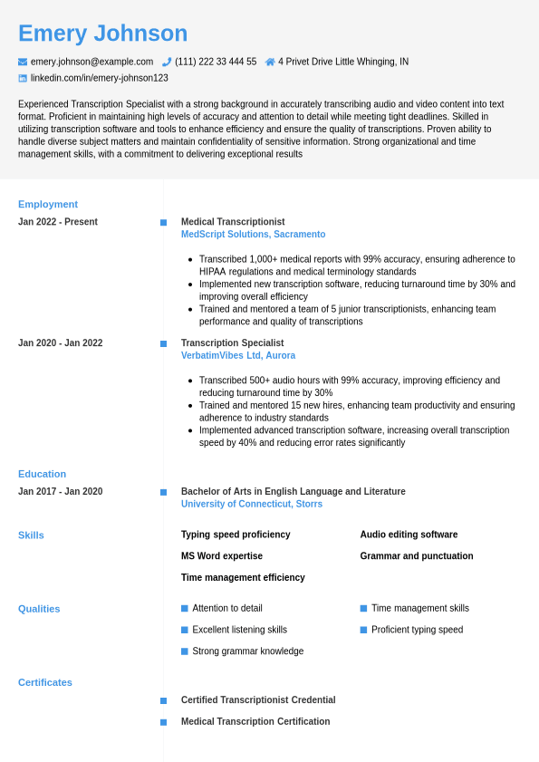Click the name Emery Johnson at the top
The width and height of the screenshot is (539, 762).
coord(102,34)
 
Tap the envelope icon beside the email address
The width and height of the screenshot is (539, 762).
coord(23,62)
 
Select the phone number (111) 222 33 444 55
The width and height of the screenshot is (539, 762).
coord(216,62)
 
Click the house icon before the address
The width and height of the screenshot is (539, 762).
coord(270,62)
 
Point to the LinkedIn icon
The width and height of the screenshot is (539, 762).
coord(23,78)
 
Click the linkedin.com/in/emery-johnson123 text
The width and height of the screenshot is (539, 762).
coord(100,78)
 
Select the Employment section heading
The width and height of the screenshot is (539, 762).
coord(48,204)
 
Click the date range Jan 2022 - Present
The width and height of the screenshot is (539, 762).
coord(58,222)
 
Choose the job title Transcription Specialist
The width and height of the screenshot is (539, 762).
coord(232,343)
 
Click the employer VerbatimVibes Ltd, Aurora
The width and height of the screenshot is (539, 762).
coord(238,355)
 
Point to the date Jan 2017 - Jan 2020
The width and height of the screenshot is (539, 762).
coord(60,492)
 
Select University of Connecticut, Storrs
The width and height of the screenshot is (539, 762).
coord(252,504)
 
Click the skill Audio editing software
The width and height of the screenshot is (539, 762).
coord(409,535)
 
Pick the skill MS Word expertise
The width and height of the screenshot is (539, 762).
coord(222,556)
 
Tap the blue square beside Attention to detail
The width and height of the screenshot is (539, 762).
coord(185,608)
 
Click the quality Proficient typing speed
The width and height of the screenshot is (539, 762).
coord(417,630)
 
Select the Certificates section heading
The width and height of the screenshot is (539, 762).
coord(45,682)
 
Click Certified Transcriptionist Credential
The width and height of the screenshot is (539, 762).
coord(258,700)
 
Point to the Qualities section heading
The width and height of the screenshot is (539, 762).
coord(39,609)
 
